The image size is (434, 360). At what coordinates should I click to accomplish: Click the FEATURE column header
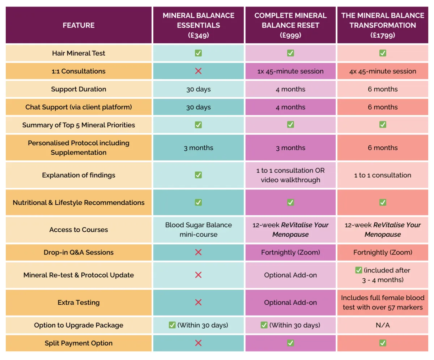(x=78, y=25)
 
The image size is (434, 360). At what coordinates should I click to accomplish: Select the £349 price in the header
(x=198, y=35)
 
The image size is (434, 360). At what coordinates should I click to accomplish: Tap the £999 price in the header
(x=290, y=35)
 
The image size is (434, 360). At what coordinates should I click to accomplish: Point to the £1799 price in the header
(x=383, y=35)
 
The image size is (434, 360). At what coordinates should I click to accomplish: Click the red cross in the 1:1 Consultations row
(x=198, y=71)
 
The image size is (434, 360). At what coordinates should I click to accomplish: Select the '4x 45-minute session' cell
(x=383, y=71)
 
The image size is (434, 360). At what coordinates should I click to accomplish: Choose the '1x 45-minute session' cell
(x=290, y=71)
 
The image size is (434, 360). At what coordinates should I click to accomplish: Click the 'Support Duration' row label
(x=78, y=89)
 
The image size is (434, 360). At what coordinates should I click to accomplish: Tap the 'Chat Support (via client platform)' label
(x=78, y=107)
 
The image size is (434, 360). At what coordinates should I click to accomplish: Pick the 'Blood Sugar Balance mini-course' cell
(x=198, y=230)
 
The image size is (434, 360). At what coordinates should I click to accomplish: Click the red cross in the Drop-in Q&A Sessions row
(x=198, y=252)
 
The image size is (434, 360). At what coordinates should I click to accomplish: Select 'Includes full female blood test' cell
(x=383, y=303)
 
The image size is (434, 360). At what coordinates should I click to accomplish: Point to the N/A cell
(x=383, y=325)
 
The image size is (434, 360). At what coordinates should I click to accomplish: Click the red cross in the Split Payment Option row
(x=198, y=343)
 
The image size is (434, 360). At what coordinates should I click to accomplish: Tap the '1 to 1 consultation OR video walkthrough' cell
(x=290, y=175)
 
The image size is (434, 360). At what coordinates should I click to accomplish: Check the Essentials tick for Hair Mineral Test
(x=198, y=53)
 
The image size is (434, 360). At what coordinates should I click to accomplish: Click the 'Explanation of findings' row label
(x=78, y=175)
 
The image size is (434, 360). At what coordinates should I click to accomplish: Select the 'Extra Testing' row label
(x=78, y=303)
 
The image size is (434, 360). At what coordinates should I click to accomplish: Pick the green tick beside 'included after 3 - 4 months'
(x=358, y=270)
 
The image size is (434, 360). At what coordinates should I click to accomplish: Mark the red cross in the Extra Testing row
(x=198, y=303)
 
